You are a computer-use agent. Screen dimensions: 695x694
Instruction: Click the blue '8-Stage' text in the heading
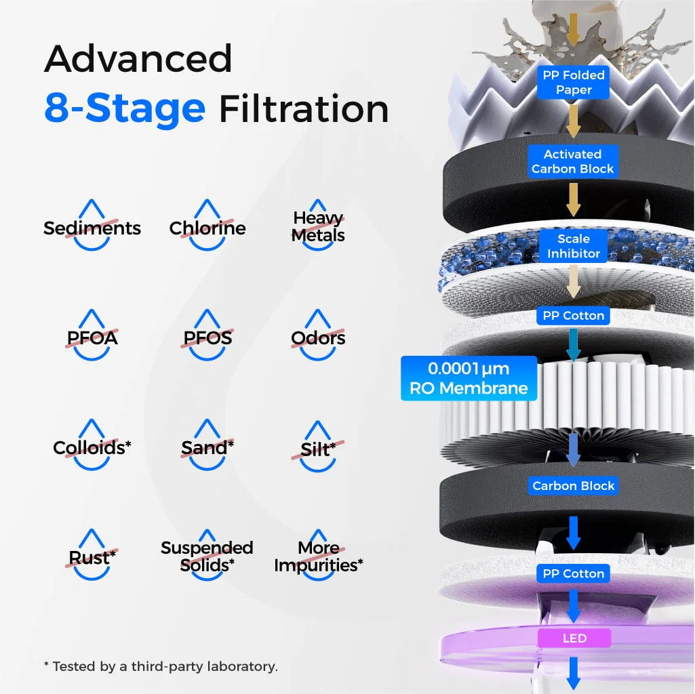click(x=125, y=108)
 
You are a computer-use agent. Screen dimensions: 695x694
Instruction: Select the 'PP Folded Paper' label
click(x=573, y=83)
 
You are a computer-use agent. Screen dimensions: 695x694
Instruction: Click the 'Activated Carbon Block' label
click(x=573, y=161)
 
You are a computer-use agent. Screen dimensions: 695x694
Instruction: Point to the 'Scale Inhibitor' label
click(x=573, y=246)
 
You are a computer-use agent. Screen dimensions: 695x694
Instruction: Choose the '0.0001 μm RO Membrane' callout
click(x=469, y=378)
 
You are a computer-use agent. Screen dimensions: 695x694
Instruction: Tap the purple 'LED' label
click(x=574, y=638)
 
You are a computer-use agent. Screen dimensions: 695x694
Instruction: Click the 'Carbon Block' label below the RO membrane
click(x=573, y=486)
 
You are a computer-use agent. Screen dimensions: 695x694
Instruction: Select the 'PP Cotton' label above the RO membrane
click(x=573, y=316)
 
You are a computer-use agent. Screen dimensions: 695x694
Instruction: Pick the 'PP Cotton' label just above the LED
click(x=573, y=573)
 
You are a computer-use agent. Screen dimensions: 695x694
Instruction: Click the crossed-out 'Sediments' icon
click(x=92, y=226)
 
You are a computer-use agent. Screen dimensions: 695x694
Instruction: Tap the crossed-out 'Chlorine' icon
click(x=207, y=226)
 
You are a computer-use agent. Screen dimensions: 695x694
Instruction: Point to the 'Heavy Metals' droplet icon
click(x=318, y=226)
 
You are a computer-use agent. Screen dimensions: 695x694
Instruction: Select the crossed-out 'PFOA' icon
click(x=92, y=335)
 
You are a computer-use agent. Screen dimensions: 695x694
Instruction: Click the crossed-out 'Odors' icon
click(x=318, y=335)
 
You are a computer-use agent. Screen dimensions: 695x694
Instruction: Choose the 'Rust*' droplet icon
click(x=92, y=555)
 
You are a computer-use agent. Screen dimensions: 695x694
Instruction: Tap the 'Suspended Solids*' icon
click(x=207, y=555)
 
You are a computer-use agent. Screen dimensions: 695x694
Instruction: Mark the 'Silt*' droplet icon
click(x=318, y=446)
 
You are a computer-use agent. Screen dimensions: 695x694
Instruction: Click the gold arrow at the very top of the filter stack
click(x=573, y=30)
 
